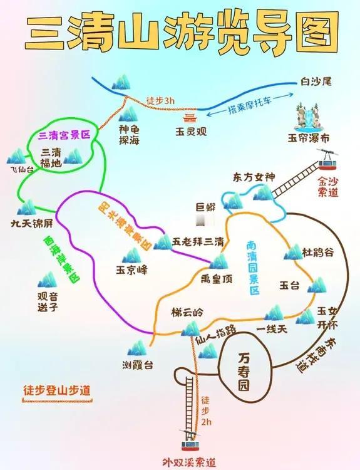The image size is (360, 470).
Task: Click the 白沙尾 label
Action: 316,81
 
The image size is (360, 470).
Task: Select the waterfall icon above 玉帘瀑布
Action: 309,118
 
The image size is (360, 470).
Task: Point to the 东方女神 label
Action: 254,177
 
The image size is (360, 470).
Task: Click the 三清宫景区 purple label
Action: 64,135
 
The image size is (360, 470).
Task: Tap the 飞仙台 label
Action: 21,170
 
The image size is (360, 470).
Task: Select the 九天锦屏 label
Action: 31,223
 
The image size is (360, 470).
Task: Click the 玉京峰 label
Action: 131,270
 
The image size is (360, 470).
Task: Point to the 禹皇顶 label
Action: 216,279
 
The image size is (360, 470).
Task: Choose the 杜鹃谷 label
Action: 317,253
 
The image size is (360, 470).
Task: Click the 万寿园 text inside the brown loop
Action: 244,372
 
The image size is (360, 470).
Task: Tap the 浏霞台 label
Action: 138,365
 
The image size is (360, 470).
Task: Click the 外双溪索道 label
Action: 189,462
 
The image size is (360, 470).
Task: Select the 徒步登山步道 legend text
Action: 56,390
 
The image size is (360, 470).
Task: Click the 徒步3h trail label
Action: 160,100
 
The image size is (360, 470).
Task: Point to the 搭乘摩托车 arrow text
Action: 249,105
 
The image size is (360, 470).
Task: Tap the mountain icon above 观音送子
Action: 48,280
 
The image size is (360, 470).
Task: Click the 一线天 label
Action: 272,330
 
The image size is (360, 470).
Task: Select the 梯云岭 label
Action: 187,313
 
